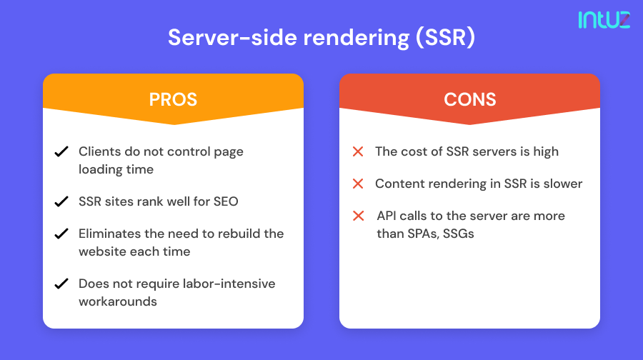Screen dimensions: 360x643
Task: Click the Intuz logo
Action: click(x=604, y=19)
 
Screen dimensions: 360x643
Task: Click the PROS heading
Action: click(x=173, y=99)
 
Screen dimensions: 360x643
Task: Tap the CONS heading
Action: click(x=469, y=99)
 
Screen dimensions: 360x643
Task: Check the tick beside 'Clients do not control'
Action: click(x=61, y=152)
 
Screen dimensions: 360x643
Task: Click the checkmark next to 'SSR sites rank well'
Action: click(x=61, y=201)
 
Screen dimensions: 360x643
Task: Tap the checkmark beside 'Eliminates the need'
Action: click(x=61, y=234)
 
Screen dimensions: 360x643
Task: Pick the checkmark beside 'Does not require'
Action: click(x=61, y=284)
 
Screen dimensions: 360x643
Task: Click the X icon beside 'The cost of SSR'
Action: click(x=358, y=151)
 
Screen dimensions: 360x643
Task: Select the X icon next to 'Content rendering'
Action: click(x=358, y=184)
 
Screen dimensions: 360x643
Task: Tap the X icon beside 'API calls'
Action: click(x=358, y=216)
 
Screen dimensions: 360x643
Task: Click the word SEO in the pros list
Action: click(x=226, y=201)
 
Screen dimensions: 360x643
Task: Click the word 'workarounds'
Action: click(x=118, y=301)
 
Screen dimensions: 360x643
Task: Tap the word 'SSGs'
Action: click(x=458, y=234)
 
